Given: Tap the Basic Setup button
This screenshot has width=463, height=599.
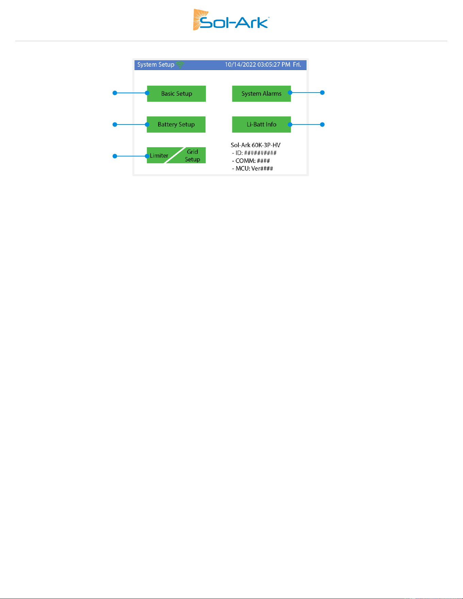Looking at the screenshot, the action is pyautogui.click(x=176, y=94).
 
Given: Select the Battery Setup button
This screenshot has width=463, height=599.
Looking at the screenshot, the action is pyautogui.click(x=176, y=124).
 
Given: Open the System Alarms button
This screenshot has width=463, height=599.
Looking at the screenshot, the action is pyautogui.click(x=261, y=94).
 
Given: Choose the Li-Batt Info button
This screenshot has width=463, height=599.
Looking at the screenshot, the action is pyautogui.click(x=261, y=124).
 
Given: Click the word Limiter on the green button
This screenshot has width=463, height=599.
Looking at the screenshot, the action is pyautogui.click(x=159, y=156).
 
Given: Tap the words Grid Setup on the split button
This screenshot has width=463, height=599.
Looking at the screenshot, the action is pyautogui.click(x=193, y=155).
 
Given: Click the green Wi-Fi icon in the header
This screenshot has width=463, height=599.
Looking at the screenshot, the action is pyautogui.click(x=180, y=65).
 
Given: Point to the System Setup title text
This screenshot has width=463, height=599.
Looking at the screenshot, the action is pyautogui.click(x=156, y=65).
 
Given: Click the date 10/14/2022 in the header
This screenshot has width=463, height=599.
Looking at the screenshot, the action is pyautogui.click(x=240, y=65).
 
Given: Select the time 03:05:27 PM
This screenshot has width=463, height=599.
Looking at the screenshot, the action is pyautogui.click(x=274, y=65).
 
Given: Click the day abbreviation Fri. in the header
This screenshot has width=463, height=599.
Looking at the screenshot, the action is pyautogui.click(x=297, y=65).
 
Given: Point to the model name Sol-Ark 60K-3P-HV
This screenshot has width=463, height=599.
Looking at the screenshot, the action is pyautogui.click(x=255, y=145).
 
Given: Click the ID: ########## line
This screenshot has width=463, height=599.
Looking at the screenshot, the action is pyautogui.click(x=254, y=153).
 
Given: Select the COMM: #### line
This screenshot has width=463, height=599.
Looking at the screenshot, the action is pyautogui.click(x=251, y=161).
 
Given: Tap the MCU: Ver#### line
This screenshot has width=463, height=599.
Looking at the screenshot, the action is pyautogui.click(x=252, y=169).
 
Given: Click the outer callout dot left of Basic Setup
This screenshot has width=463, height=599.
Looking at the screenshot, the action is pyautogui.click(x=115, y=93).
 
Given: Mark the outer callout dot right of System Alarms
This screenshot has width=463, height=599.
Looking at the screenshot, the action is pyautogui.click(x=323, y=93).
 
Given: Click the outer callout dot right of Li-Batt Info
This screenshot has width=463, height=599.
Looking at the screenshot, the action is pyautogui.click(x=323, y=124).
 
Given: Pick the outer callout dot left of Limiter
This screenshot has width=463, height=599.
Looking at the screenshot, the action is pyautogui.click(x=115, y=156).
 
